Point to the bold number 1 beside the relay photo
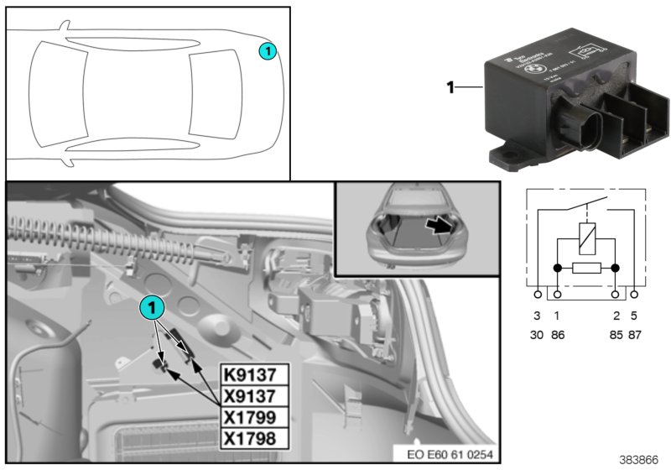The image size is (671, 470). coord(450,86)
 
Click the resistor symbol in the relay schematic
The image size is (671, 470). coord(586,269)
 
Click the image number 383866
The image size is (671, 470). coord(639,460)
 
